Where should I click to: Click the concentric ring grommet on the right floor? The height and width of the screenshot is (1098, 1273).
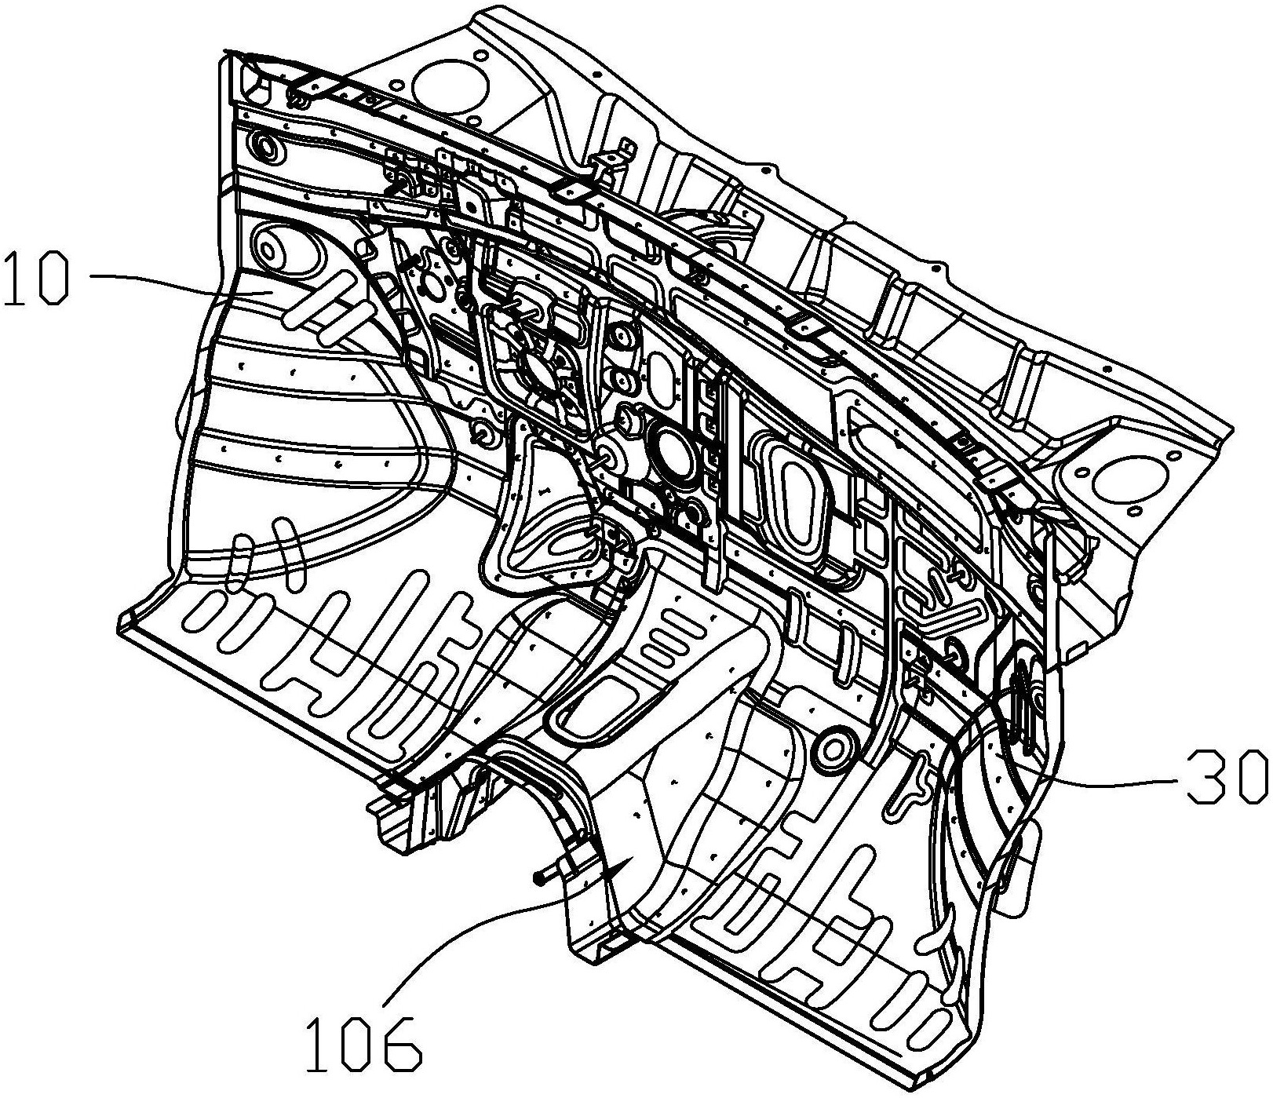tap(833, 747)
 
